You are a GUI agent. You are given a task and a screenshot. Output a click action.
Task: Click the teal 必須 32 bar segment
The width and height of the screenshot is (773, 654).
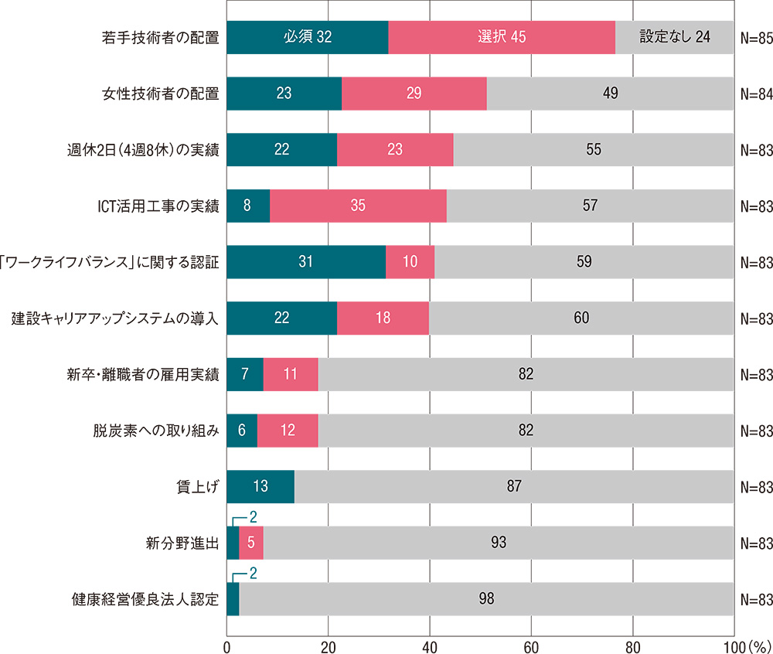click(x=307, y=38)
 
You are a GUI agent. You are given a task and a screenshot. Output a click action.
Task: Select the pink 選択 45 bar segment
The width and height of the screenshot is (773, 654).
click(x=502, y=38)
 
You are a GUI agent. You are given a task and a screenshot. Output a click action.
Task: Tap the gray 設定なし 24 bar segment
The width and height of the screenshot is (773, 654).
click(x=675, y=38)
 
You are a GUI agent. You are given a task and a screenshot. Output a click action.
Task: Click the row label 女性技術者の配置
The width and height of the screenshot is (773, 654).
click(x=161, y=94)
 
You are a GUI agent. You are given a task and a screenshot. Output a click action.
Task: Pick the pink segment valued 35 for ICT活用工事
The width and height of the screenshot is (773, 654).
click(x=358, y=206)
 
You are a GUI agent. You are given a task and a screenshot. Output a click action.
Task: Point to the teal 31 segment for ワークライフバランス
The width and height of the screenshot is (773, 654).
click(x=306, y=261)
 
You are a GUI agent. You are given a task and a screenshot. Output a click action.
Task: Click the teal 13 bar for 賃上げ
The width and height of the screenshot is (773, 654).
click(x=261, y=486)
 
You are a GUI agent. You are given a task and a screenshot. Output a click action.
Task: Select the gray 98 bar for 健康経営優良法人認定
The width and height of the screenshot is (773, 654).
click(x=486, y=598)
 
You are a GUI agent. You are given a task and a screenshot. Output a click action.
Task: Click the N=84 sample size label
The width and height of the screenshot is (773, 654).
click(x=756, y=94)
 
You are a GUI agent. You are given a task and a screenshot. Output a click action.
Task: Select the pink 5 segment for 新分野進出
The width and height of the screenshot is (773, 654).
click(x=251, y=543)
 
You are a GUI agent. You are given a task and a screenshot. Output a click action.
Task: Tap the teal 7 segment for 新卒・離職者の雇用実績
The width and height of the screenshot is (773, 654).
click(x=245, y=374)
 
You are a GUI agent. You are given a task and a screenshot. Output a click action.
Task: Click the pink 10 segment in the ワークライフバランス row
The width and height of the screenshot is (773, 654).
click(x=410, y=261)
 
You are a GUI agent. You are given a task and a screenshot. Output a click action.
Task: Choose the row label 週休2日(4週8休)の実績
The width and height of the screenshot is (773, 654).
click(x=144, y=150)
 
